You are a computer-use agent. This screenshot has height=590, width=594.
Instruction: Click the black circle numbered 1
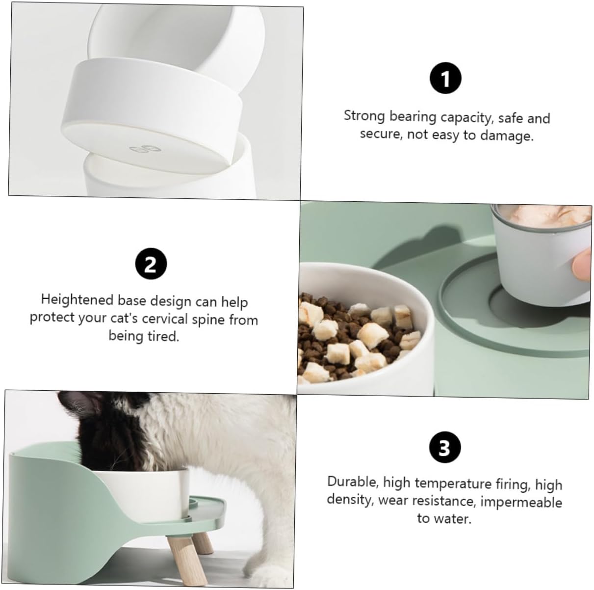(x=445, y=78)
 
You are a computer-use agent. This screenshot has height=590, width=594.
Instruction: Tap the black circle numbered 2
(x=151, y=264)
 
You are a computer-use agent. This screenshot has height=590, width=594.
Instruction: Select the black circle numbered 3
(x=445, y=447)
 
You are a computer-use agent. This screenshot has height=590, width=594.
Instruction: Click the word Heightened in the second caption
(x=77, y=299)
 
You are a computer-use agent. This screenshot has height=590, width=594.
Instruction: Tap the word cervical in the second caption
(x=165, y=319)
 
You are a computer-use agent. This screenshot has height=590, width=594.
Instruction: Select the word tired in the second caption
(x=163, y=336)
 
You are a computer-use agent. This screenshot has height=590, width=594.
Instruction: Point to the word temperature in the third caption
(x=453, y=483)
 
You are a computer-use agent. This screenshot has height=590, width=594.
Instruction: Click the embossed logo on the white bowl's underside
(x=145, y=149)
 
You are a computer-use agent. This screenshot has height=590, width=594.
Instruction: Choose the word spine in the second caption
(x=208, y=320)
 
